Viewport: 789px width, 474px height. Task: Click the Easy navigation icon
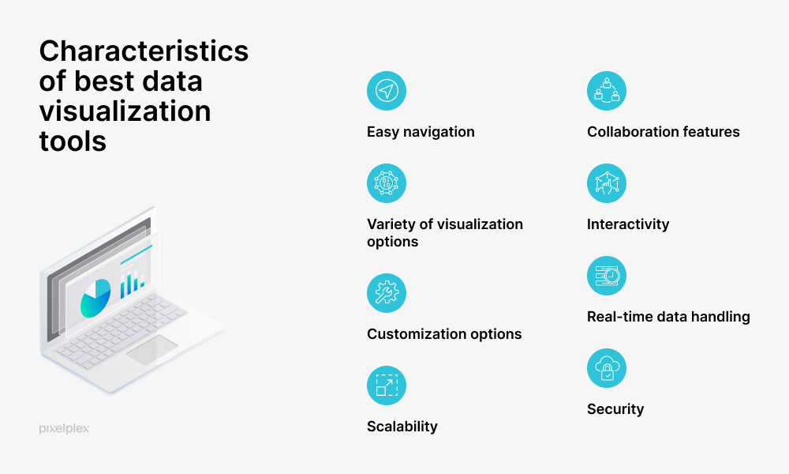tap(387, 91)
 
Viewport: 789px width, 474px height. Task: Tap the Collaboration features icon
tap(607, 91)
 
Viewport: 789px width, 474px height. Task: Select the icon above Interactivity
tap(607, 183)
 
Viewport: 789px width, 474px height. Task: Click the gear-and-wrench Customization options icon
tap(387, 293)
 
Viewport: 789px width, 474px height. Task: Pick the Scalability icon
tap(387, 386)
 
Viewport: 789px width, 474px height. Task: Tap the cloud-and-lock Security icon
tap(607, 368)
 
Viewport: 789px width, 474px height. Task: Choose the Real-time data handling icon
tap(607, 276)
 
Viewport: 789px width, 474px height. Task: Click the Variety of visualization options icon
tap(387, 183)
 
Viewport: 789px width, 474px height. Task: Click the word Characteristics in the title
tap(144, 51)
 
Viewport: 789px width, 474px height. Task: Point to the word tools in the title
tap(73, 141)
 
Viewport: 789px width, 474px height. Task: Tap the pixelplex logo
tap(64, 428)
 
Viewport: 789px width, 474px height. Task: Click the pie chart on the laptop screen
tap(95, 297)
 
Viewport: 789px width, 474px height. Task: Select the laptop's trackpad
tap(151, 350)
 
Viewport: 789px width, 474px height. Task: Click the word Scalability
tap(402, 427)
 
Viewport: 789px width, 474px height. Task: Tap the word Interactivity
tap(627, 224)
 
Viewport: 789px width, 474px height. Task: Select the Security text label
tap(615, 409)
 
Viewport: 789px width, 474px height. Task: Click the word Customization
tap(410, 334)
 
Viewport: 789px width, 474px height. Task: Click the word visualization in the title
tap(125, 111)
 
